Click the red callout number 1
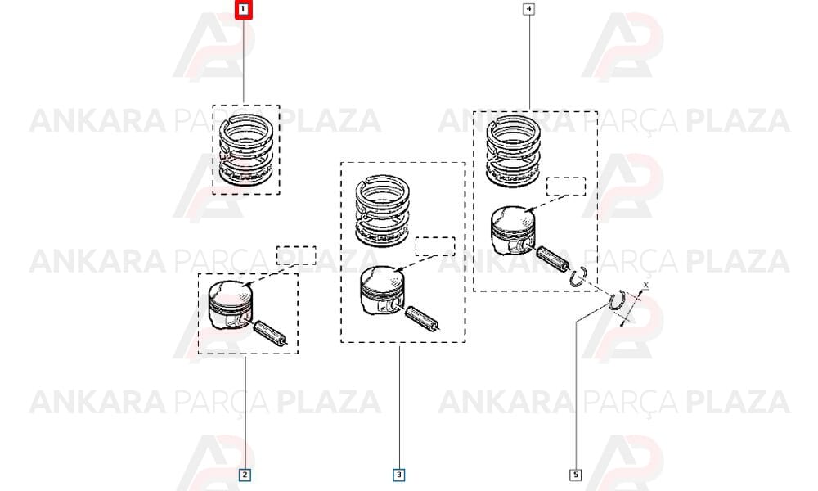(x=243, y=9)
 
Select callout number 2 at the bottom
(x=245, y=475)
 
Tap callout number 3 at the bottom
(x=399, y=475)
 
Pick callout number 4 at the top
(x=529, y=9)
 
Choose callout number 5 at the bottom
(x=576, y=475)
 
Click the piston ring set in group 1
(x=245, y=151)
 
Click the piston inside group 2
(x=230, y=305)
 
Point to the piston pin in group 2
(x=270, y=332)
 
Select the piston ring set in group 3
(x=382, y=210)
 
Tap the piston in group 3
(x=382, y=291)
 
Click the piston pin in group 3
(x=423, y=318)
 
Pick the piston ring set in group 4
(x=514, y=151)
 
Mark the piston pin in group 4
(x=554, y=259)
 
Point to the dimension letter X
(x=646, y=286)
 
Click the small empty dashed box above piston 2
(x=296, y=255)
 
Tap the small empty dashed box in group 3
(x=435, y=246)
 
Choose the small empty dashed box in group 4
(x=566, y=187)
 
